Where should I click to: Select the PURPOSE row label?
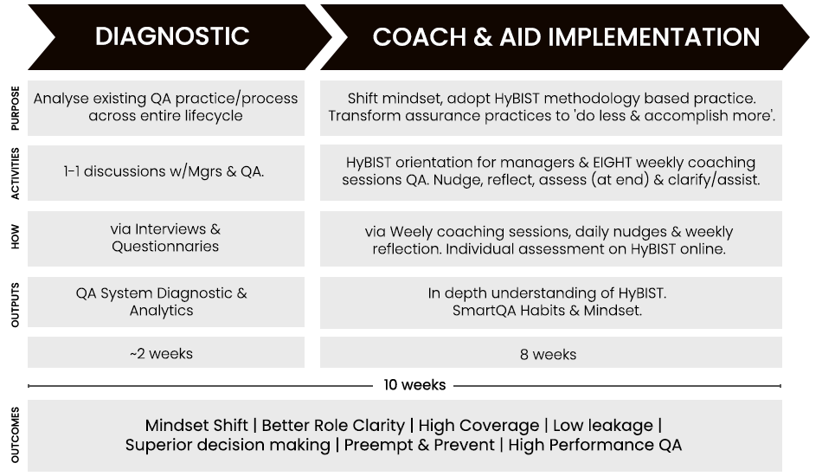[x=16, y=108]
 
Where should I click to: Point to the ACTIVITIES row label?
[x=16, y=173]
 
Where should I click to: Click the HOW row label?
[x=16, y=237]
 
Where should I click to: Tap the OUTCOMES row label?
[x=16, y=434]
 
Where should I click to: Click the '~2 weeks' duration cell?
[x=166, y=352]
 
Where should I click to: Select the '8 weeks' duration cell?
[x=551, y=352]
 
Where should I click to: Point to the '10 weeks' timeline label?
[x=414, y=385]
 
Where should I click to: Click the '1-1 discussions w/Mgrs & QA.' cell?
[x=166, y=172]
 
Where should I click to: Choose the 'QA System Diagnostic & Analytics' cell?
[x=166, y=302]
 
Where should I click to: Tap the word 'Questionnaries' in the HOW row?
[x=165, y=247]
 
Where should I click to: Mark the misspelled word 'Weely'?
[x=411, y=232]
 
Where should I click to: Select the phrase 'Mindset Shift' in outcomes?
[x=196, y=425]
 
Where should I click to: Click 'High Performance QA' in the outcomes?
[x=595, y=445]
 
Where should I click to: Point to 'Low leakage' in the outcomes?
[x=603, y=426]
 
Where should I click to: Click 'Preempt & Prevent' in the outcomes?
[x=420, y=445]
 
